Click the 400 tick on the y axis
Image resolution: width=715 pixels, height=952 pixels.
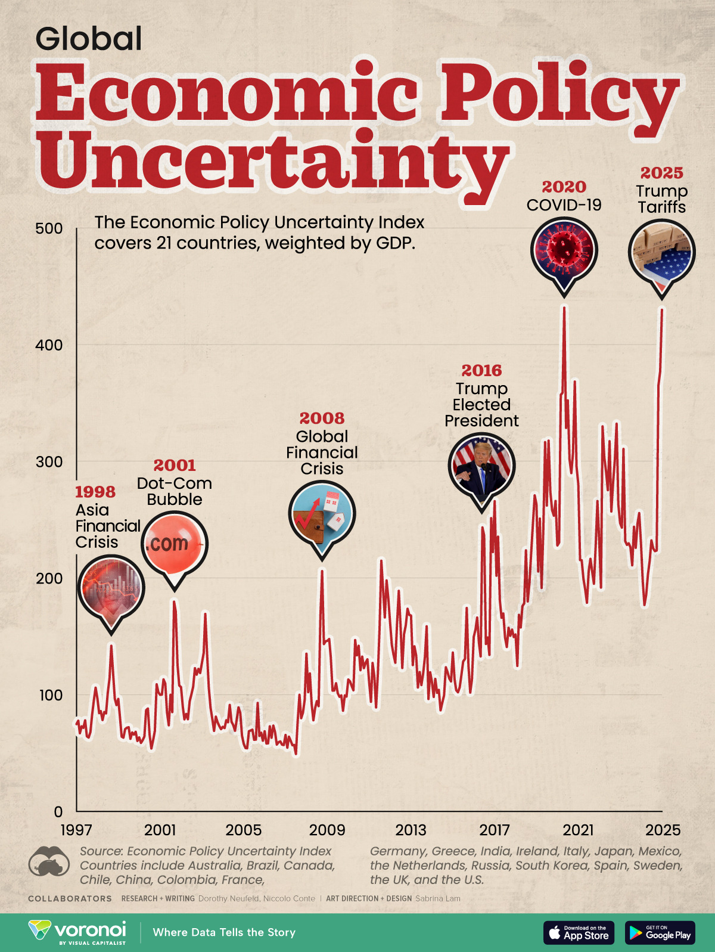click(49, 345)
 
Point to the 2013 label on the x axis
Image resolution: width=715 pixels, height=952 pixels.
click(411, 830)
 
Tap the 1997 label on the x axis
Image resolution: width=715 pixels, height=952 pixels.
click(76, 830)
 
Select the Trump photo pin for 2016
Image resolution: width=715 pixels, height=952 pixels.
click(481, 466)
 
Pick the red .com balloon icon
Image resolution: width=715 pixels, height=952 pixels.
click(174, 543)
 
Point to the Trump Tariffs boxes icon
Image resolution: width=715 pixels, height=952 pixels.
click(661, 253)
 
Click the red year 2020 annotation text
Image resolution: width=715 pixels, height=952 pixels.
click(564, 187)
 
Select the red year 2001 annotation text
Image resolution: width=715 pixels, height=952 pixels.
click(174, 465)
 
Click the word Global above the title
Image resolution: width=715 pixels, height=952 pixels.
click(89, 39)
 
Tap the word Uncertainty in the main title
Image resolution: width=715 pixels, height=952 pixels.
click(274, 158)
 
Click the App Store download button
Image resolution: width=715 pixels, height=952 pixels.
click(579, 932)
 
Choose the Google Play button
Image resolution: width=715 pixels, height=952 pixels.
click(660, 932)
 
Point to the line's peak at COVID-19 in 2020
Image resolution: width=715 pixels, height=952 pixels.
click(564, 308)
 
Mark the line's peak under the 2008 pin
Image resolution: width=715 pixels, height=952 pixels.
click(322, 571)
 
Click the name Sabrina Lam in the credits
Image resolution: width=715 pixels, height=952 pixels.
click(438, 898)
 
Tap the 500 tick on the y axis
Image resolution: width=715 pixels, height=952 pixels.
click(49, 228)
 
